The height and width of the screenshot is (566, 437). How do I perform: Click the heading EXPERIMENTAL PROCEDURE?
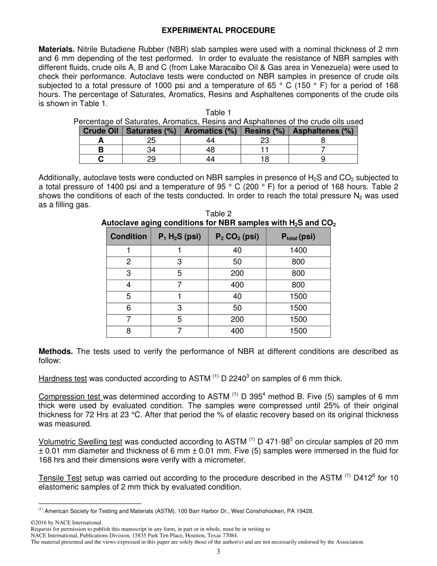(218, 30)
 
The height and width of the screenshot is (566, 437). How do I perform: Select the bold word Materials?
(57, 49)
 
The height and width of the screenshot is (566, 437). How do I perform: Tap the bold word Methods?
(56, 352)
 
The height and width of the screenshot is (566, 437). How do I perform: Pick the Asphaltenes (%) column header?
(323, 131)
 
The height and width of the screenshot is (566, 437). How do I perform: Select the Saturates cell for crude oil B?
(151, 150)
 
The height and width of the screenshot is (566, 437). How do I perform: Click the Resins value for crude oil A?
(264, 141)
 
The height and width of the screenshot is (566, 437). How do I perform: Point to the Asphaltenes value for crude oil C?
(323, 159)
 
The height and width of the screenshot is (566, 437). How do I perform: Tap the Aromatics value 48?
(211, 150)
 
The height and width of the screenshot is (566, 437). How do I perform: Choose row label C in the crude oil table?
(101, 159)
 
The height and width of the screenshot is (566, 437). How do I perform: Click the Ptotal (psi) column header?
(298, 237)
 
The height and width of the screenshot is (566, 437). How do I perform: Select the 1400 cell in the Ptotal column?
(298, 250)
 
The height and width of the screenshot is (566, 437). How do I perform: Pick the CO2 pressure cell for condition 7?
(237, 319)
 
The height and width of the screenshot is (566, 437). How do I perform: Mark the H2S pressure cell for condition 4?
(179, 285)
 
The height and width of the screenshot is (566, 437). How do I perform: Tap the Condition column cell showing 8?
(129, 331)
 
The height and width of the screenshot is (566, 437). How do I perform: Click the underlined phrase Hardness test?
(63, 379)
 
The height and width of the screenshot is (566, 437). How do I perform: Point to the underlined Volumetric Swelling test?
(80, 442)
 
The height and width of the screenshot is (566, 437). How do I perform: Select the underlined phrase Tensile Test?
(60, 478)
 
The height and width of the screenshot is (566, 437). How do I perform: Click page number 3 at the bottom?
(218, 552)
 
